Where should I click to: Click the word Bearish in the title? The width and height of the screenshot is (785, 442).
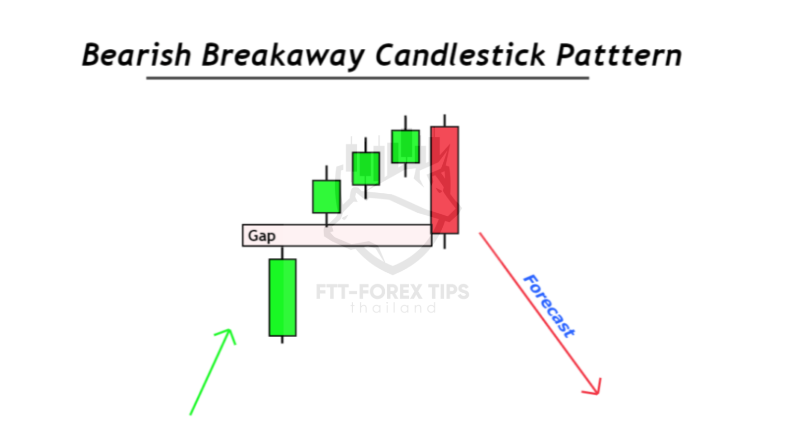pyautogui.click(x=137, y=55)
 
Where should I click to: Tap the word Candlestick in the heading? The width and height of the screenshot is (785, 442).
pyautogui.click(x=460, y=55)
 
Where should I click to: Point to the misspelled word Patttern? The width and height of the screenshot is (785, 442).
pyautogui.click(x=619, y=55)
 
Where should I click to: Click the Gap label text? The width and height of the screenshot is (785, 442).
pyautogui.click(x=262, y=236)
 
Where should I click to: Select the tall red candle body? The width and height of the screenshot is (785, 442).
pyautogui.click(x=445, y=180)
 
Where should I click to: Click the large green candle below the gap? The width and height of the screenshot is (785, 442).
pyautogui.click(x=282, y=298)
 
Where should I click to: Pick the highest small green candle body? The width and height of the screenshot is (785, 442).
pyautogui.click(x=405, y=146)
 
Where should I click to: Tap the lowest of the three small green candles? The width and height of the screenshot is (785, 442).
pyautogui.click(x=326, y=197)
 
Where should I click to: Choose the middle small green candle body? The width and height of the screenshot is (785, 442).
pyautogui.click(x=366, y=168)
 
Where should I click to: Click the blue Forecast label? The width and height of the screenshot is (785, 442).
pyautogui.click(x=549, y=306)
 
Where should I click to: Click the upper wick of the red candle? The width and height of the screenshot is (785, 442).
pyautogui.click(x=445, y=121)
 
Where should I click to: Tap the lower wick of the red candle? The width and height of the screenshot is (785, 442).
pyautogui.click(x=445, y=241)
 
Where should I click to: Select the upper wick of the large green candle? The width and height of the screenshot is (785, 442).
pyautogui.click(x=282, y=253)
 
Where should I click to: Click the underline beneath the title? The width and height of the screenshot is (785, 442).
pyautogui.click(x=368, y=78)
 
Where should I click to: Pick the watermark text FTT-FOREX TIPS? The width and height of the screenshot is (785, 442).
pyautogui.click(x=392, y=292)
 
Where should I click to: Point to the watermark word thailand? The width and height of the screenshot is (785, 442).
pyautogui.click(x=393, y=308)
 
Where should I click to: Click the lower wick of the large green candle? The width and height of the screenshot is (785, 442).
pyautogui.click(x=282, y=340)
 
